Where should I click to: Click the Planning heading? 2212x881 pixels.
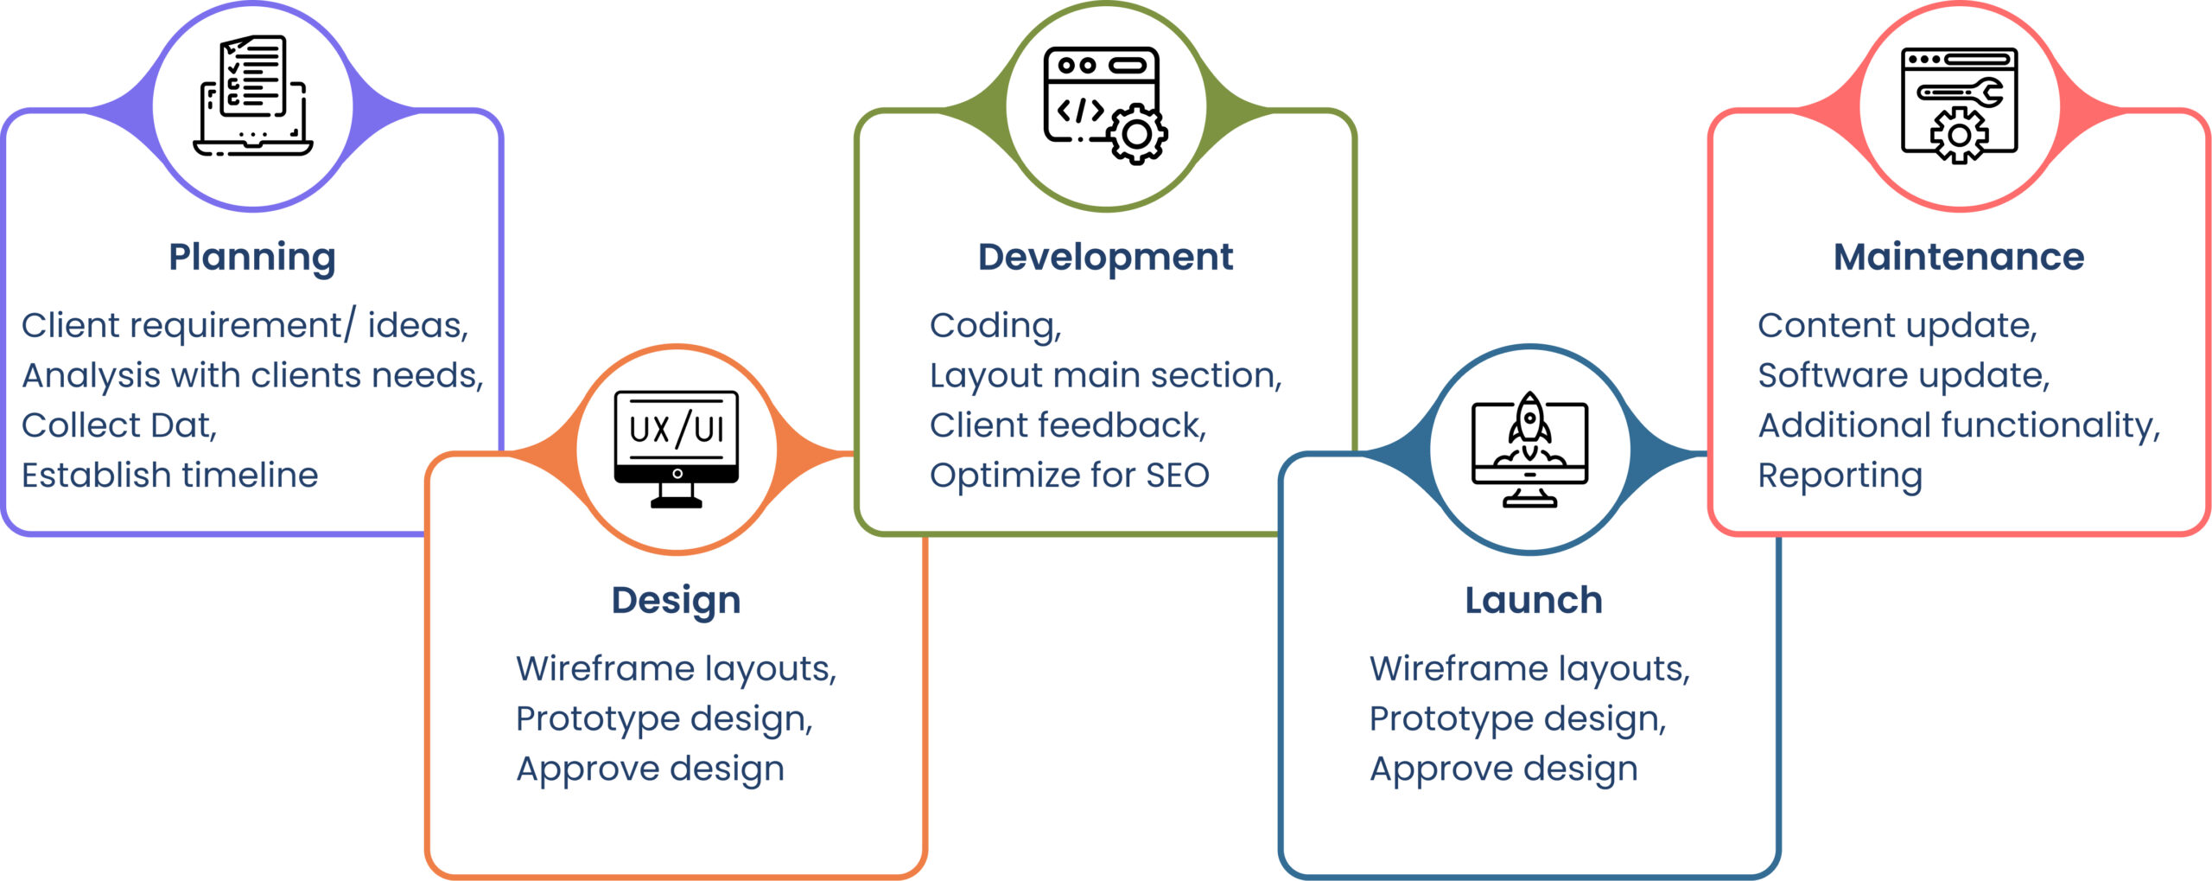click(x=252, y=257)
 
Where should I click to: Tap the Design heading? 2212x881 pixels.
click(x=676, y=600)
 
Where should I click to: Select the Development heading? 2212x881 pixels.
click(x=1105, y=257)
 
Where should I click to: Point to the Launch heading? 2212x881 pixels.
click(x=1534, y=600)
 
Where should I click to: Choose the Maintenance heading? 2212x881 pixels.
click(x=1959, y=257)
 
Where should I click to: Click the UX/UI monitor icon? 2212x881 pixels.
click(x=677, y=448)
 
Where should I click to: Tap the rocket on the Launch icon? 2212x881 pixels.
click(x=1529, y=420)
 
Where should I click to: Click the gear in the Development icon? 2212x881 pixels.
click(x=1137, y=134)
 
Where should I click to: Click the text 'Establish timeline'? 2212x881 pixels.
click(x=170, y=475)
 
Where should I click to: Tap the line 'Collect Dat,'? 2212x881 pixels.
click(x=119, y=425)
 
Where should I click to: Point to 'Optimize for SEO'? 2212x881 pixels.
click(x=1069, y=475)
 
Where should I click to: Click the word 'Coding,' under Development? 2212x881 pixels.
click(x=995, y=326)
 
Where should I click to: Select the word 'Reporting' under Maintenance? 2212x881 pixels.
click(x=1840, y=476)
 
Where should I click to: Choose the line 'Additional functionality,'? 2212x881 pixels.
click(x=1959, y=425)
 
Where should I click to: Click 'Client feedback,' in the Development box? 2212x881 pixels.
click(x=1068, y=425)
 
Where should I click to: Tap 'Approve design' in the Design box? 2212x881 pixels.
click(x=650, y=769)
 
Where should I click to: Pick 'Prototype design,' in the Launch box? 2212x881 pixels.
click(x=1517, y=718)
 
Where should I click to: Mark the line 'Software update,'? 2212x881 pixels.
click(x=1904, y=375)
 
